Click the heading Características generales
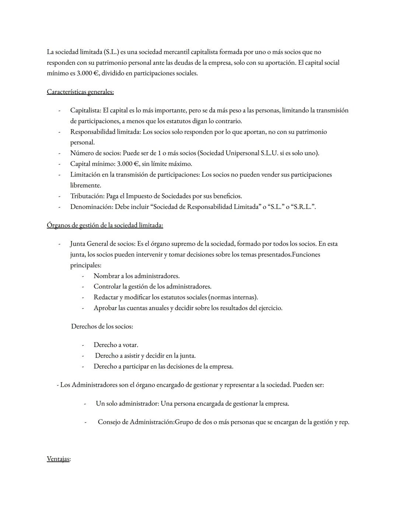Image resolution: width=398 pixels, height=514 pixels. (80, 92)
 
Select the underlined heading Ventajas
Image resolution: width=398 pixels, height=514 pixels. (58, 459)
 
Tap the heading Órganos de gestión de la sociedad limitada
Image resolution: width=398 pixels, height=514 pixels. (105, 225)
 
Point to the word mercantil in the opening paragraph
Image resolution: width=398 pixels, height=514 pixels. (151, 52)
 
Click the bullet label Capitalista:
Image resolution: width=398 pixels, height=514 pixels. (85, 110)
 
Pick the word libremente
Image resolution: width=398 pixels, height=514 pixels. (85, 185)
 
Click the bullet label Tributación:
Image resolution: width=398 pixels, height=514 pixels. (87, 196)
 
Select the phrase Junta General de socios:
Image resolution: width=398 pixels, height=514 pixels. (102, 244)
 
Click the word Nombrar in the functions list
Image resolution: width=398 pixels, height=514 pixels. (106, 276)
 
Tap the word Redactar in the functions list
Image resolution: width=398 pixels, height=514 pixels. (106, 297)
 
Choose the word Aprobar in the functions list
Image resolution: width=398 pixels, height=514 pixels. (105, 308)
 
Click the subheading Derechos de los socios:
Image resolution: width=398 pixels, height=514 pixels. (102, 326)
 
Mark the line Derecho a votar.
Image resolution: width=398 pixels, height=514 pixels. (116, 345)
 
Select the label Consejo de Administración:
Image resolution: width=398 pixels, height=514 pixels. (136, 422)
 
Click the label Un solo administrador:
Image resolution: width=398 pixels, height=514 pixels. (128, 404)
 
